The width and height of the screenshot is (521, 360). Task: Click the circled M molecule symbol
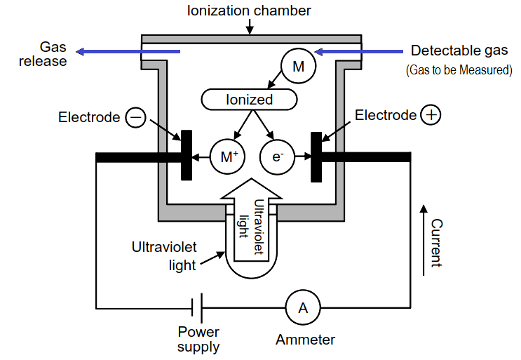298,67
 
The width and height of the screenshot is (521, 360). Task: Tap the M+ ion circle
229,156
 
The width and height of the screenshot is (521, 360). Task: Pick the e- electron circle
278,156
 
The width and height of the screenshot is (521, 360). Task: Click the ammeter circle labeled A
303,307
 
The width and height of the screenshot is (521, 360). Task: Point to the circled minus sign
135,117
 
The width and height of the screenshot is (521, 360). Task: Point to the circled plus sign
431,115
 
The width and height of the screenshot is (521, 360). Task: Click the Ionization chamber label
250,11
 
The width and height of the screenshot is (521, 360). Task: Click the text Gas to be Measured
455,71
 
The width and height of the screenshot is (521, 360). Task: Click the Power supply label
198,339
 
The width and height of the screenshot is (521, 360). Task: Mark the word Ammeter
305,340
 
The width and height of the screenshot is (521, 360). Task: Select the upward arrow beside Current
423,238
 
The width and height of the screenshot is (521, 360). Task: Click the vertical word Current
436,244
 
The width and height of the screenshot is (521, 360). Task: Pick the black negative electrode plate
187,156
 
